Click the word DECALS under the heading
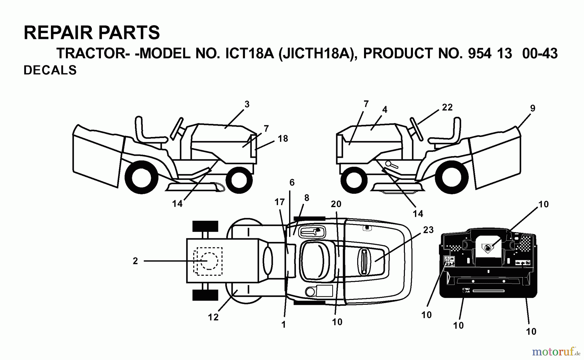click(50, 70)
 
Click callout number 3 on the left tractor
click(247, 105)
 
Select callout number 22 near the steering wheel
click(447, 107)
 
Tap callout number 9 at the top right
click(532, 108)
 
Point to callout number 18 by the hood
click(283, 139)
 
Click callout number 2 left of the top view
click(135, 261)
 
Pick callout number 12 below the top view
click(213, 317)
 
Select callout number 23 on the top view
click(428, 230)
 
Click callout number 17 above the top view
click(279, 202)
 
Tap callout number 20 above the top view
click(336, 204)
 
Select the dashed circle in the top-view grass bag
click(208, 261)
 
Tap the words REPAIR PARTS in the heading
click(92, 33)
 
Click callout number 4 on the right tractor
click(384, 110)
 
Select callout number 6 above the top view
click(292, 183)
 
